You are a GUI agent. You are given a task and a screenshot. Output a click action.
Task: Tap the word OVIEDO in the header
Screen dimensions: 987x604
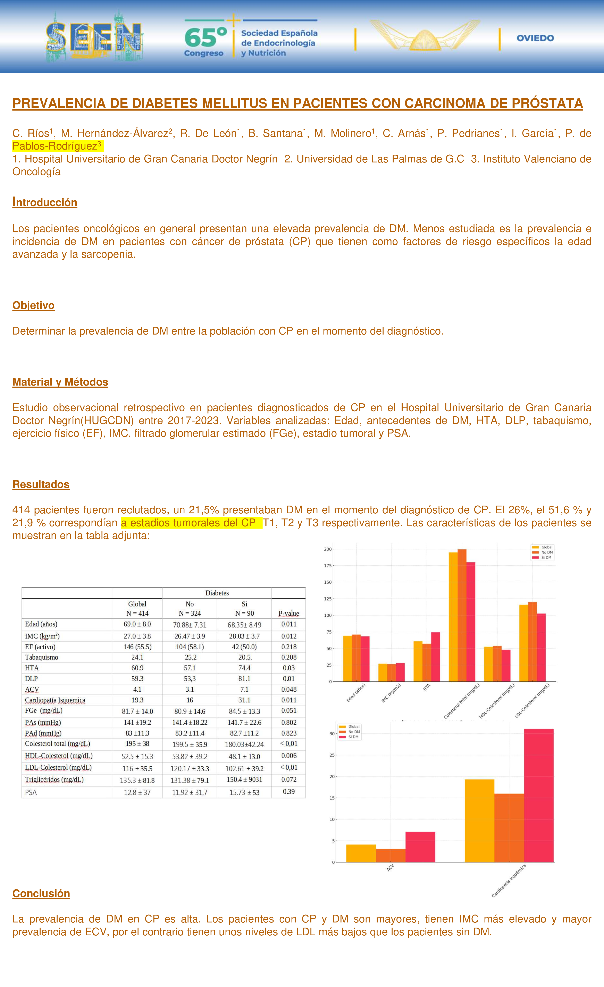tap(535, 38)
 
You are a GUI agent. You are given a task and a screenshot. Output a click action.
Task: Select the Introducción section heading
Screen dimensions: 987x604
tap(45, 202)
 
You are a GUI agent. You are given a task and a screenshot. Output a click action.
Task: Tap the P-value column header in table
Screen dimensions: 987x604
tap(288, 613)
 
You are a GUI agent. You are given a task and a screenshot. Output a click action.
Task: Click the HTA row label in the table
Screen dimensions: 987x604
tap(32, 668)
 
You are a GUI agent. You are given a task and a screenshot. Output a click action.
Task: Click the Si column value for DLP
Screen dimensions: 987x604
tap(244, 678)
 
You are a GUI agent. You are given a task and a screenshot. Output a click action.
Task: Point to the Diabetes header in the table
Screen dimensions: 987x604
tap(217, 593)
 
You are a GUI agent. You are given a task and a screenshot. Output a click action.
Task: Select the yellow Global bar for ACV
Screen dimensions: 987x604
tap(361, 853)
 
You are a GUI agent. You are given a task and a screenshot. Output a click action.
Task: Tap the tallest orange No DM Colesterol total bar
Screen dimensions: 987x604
tap(462, 615)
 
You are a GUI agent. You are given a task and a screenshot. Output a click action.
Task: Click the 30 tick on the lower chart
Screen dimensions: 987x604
tap(332, 734)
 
